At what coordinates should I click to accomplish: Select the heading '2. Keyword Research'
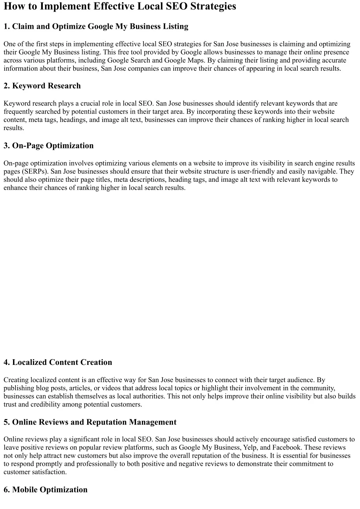[x=42, y=86]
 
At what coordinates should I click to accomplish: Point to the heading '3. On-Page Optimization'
[x=49, y=146]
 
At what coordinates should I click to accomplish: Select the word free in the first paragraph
[x=124, y=52]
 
